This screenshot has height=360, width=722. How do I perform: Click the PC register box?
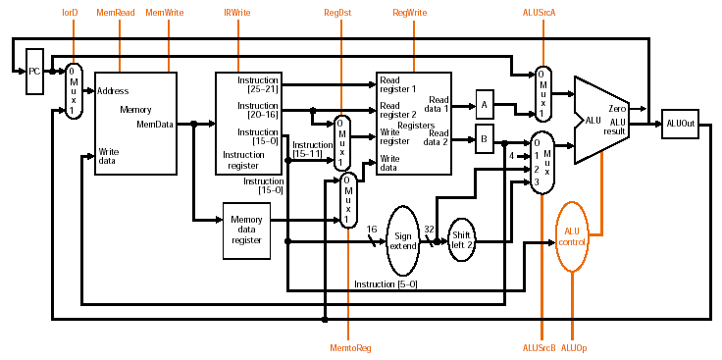pos(35,72)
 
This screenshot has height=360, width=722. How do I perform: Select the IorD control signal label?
pos(70,13)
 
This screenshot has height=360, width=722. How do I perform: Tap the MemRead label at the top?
pos(116,13)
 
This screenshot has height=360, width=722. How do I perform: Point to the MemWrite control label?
pos(165,13)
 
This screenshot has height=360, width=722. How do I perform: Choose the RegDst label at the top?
pos(337,13)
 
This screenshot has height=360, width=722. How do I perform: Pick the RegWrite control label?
pos(409,13)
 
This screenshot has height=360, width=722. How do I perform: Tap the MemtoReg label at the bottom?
pos(350,348)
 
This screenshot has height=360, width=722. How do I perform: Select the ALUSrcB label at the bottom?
pos(540,348)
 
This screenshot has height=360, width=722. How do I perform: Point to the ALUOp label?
pos(574,348)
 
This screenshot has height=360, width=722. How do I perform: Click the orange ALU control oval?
pos(572,236)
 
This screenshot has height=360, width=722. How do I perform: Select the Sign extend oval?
pos(403,240)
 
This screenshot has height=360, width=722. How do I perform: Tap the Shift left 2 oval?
pos(462,240)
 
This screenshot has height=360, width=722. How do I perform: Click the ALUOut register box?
pos(680,124)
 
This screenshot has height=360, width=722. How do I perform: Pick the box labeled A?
pos(485,105)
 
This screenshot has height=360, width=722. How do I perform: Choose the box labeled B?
pos(485,138)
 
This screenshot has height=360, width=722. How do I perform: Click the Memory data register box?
pos(247,231)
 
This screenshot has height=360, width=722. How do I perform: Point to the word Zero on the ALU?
pos(617,109)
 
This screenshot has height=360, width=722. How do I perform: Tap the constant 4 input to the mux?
pos(511,156)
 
